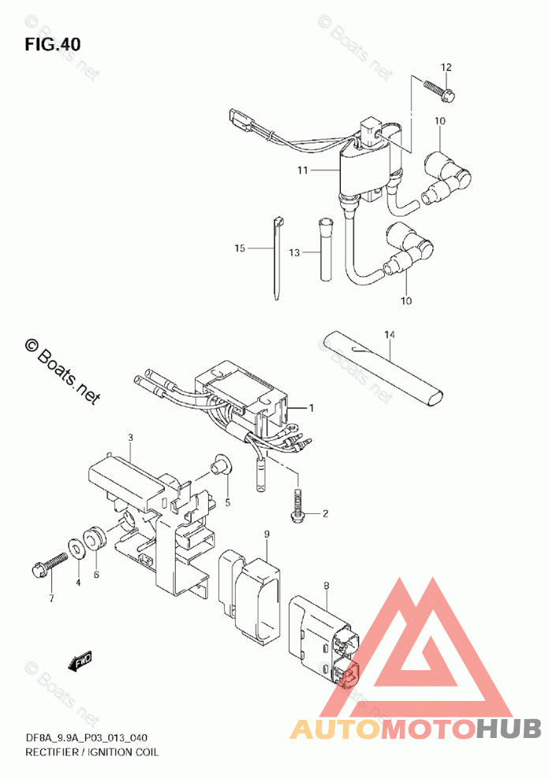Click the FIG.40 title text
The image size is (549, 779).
coord(52,44)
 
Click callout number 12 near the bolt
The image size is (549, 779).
coord(446,67)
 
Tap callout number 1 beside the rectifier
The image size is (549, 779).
coord(312,408)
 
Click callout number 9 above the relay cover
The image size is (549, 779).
coord(267,535)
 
